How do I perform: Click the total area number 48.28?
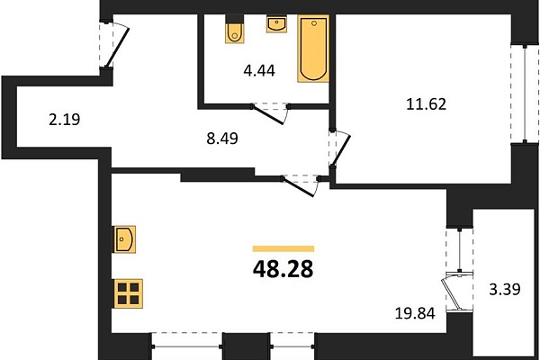283,269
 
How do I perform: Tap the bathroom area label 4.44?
259,70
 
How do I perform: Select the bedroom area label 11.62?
426,104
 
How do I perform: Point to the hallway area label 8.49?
222,139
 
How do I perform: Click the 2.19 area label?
65,120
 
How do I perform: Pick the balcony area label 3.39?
505,289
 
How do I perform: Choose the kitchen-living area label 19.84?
415,313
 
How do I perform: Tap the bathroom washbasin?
276,24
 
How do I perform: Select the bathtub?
313,49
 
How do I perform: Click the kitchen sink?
124,239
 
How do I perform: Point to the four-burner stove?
128,293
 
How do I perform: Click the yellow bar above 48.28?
283,248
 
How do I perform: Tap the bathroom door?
269,114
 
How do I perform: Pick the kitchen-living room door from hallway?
299,186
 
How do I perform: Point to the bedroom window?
525,94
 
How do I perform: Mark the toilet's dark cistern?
235,19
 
